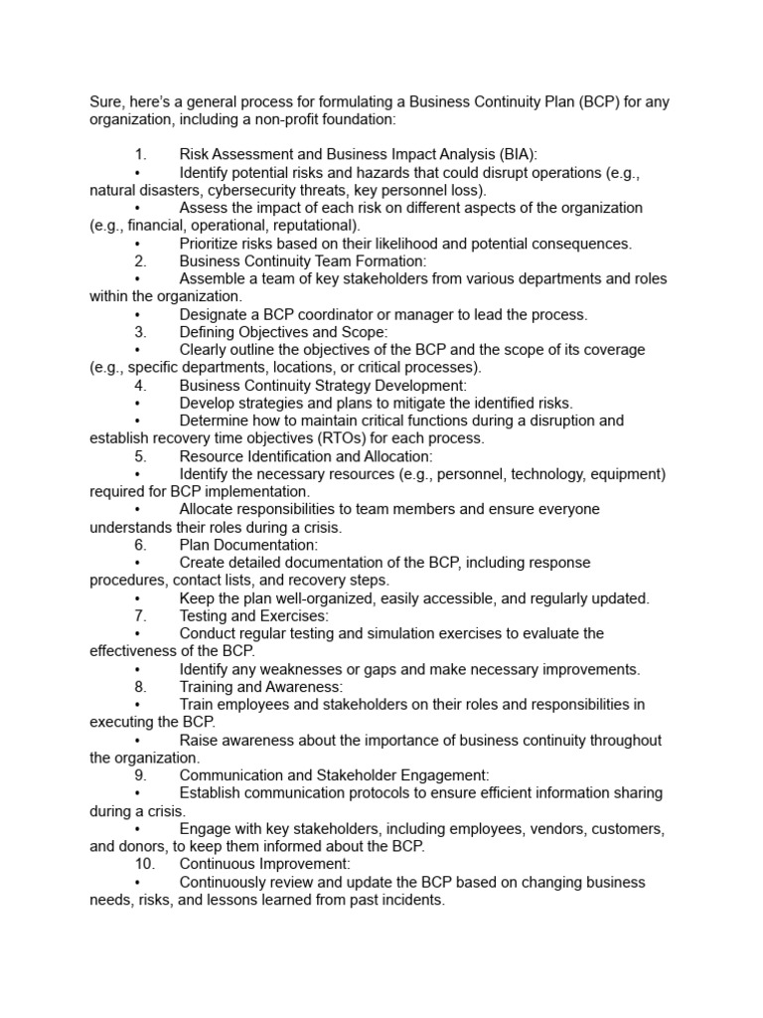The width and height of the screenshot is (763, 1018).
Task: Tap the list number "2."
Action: point(140,261)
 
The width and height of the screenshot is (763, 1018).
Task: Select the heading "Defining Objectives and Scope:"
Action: point(283,332)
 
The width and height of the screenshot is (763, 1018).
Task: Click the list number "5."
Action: point(140,456)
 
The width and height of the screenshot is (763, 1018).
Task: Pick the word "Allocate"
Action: point(209,509)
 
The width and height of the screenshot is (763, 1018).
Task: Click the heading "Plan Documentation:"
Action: point(248,545)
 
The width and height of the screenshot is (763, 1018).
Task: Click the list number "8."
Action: point(140,687)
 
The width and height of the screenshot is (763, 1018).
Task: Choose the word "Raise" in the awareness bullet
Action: point(200,741)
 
